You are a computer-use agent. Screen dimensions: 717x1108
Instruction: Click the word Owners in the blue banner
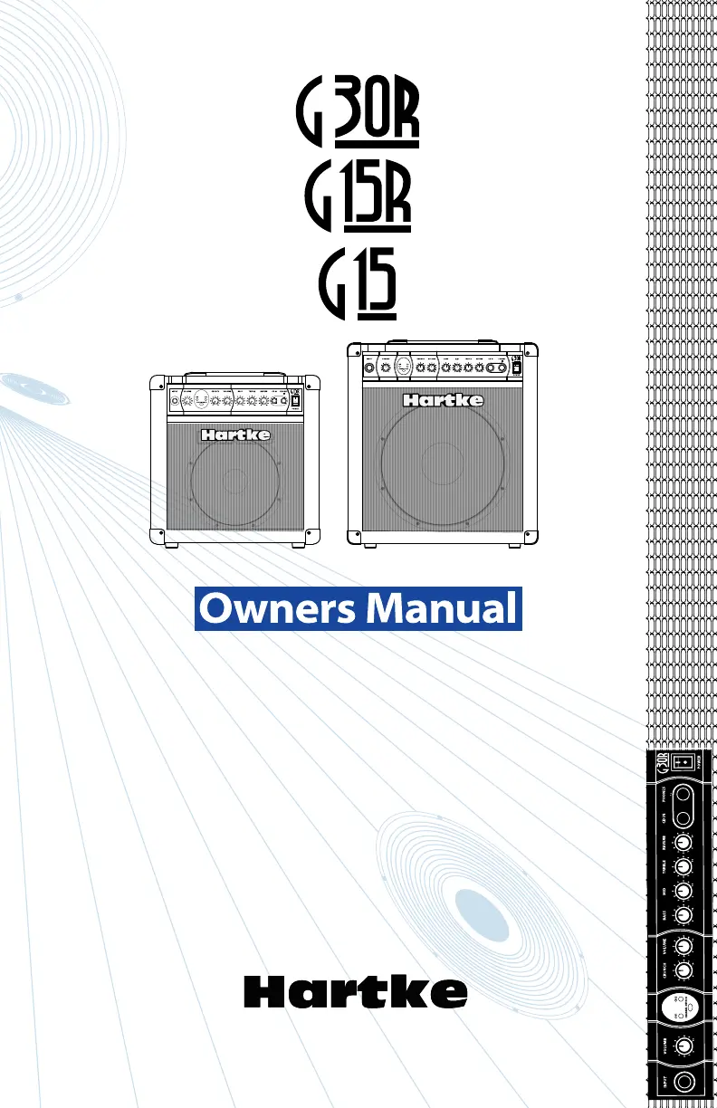coord(277,608)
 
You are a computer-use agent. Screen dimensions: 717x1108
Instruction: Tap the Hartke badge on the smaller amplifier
coord(234,435)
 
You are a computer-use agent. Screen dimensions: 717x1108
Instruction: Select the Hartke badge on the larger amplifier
coord(443,400)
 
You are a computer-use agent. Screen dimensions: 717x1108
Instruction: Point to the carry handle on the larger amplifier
coord(443,341)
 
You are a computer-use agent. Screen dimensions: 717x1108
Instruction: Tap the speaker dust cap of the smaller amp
coord(234,481)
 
